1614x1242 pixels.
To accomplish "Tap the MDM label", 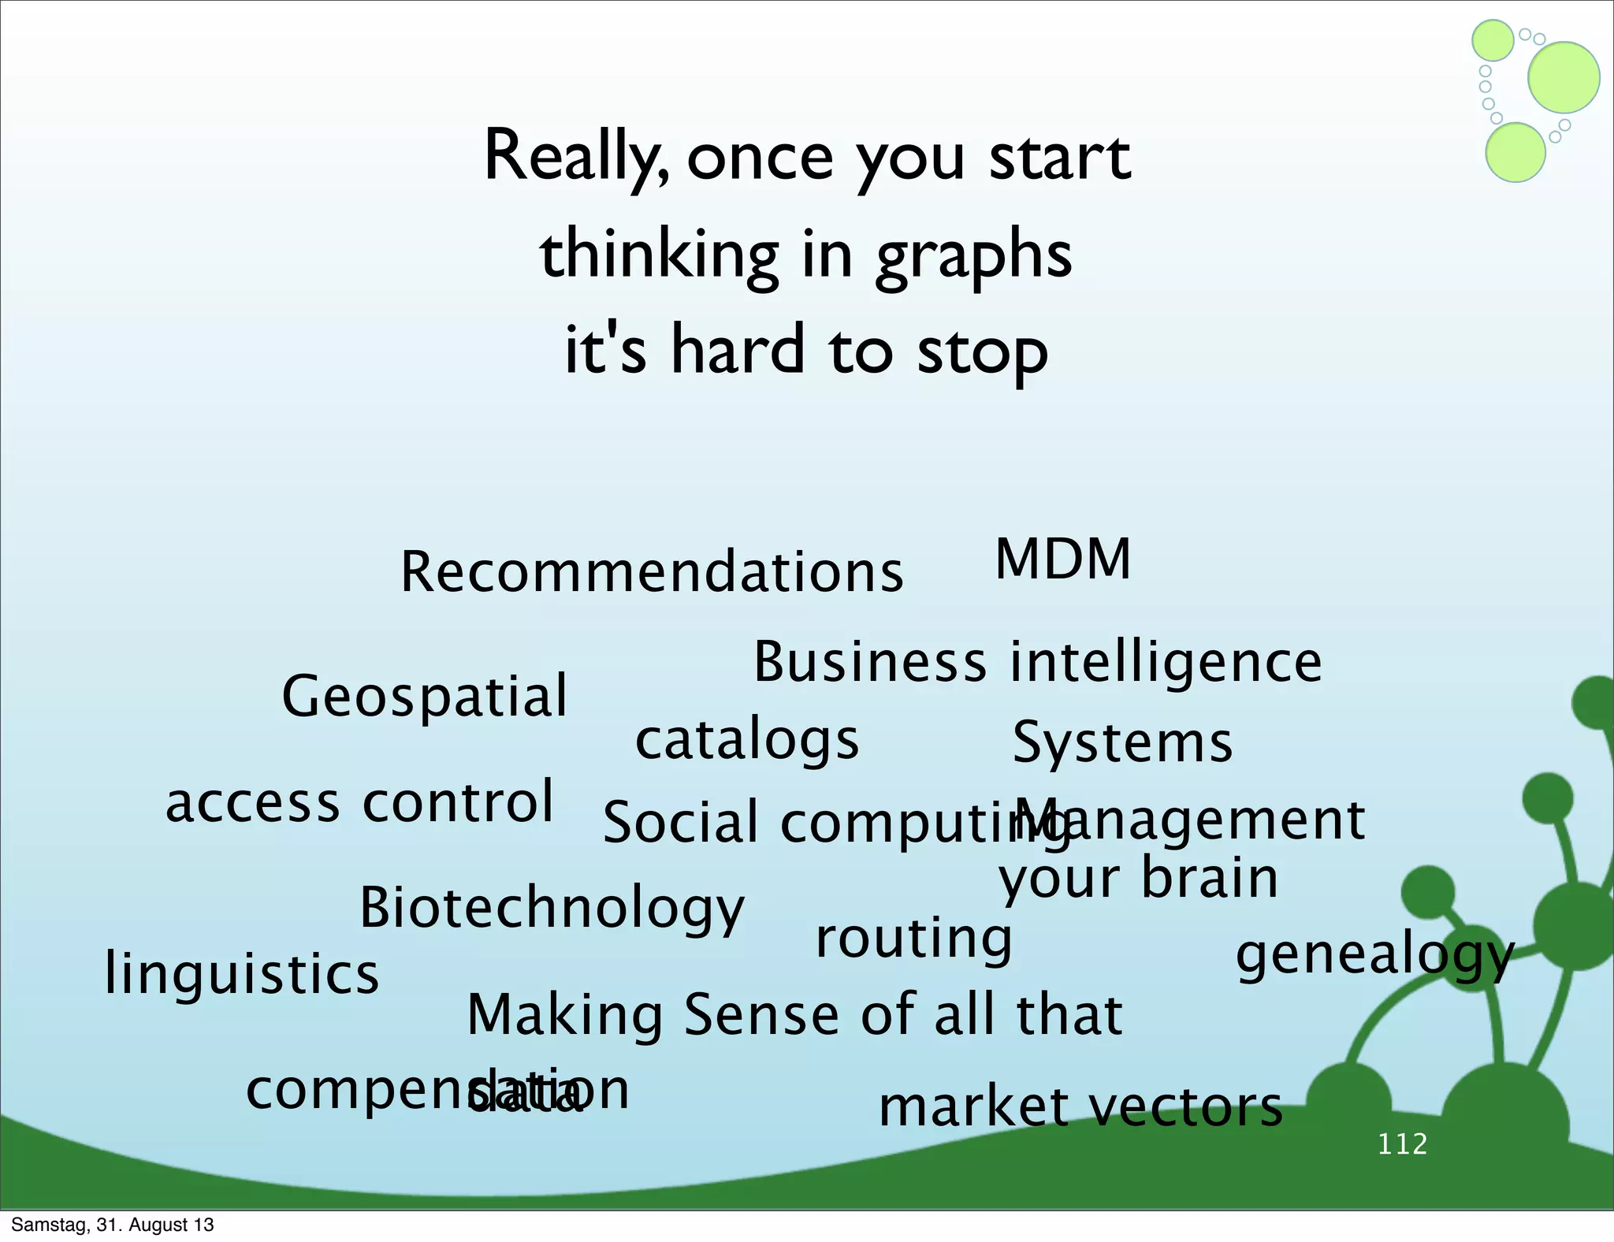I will (1062, 560).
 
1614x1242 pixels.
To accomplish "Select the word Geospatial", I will (424, 697).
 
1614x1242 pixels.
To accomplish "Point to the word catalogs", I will (746, 741).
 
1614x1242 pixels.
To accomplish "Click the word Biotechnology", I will (552, 908).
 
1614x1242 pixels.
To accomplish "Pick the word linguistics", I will (241, 974).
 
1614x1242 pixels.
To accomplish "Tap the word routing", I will (913, 939).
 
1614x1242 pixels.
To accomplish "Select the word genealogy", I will (1374, 955).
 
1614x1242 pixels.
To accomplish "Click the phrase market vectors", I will (1080, 1106).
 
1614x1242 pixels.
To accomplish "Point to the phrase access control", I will (359, 802).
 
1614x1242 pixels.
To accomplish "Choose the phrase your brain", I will (1138, 879).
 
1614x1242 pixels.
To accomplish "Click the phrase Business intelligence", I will (1037, 662).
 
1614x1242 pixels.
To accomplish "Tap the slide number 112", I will (1403, 1143).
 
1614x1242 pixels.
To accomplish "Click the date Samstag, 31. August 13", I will (112, 1225).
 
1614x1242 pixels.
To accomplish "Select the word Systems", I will (1122, 742).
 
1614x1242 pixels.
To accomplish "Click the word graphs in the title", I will (973, 256).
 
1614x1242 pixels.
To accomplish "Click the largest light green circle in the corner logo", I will (1564, 77).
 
